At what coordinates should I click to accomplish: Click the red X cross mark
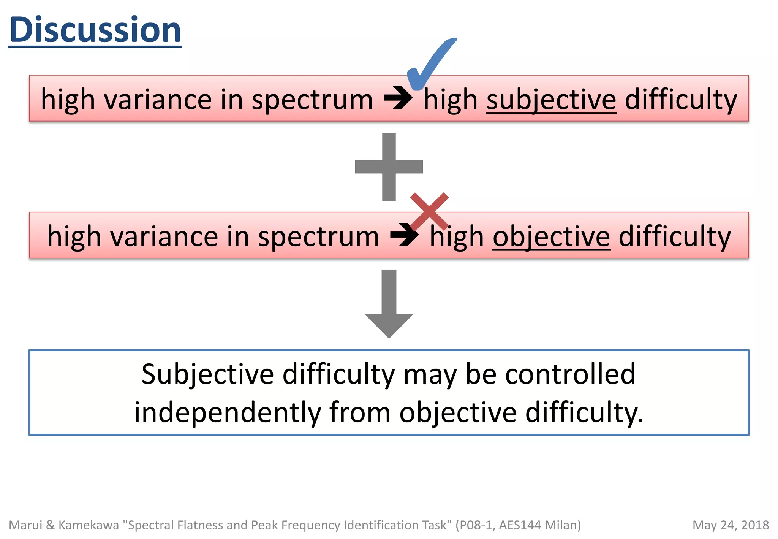(x=429, y=211)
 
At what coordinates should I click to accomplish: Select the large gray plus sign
(x=389, y=166)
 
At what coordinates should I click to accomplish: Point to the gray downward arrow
(x=389, y=304)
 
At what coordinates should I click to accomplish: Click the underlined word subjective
(x=551, y=100)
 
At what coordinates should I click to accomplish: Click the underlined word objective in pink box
(x=551, y=236)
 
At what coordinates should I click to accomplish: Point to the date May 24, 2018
(x=730, y=525)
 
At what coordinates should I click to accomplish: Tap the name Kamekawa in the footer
(x=89, y=525)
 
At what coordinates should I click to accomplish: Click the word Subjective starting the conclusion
(x=207, y=374)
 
